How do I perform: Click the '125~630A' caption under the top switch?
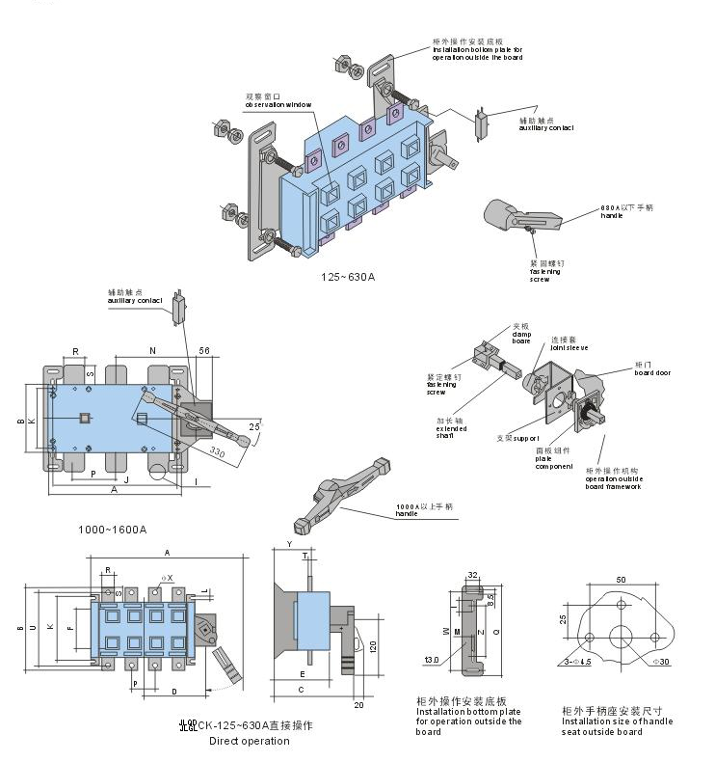[348, 277]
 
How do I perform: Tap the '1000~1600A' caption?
[112, 530]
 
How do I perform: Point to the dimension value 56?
[204, 350]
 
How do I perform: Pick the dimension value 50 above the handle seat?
[621, 579]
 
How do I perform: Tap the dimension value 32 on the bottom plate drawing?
[472, 576]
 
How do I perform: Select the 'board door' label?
[651, 371]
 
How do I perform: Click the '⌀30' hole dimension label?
[661, 662]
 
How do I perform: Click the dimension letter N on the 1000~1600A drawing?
[152, 350]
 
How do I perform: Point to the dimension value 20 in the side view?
[358, 705]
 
